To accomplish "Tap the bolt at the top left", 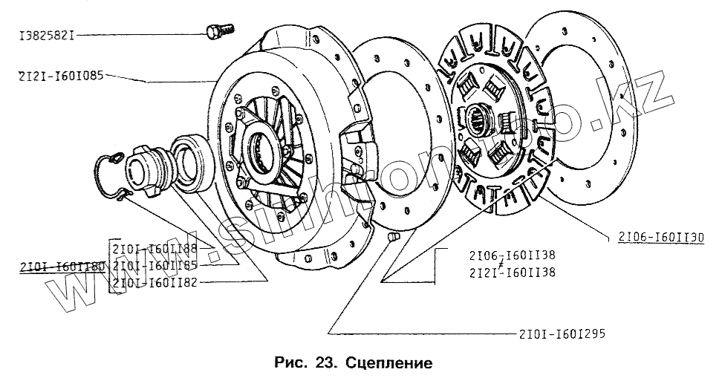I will [218, 30].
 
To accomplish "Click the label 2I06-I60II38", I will [512, 254].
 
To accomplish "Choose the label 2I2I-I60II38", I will [512, 273].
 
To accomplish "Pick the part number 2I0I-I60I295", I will [558, 333].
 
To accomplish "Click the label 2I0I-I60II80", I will [56, 265].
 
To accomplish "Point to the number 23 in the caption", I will [325, 364].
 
